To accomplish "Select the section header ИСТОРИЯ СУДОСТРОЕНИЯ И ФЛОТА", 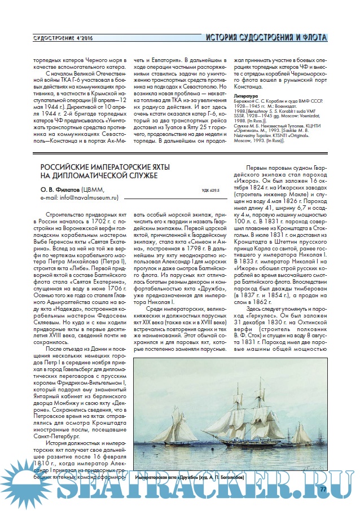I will pos(266,38).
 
